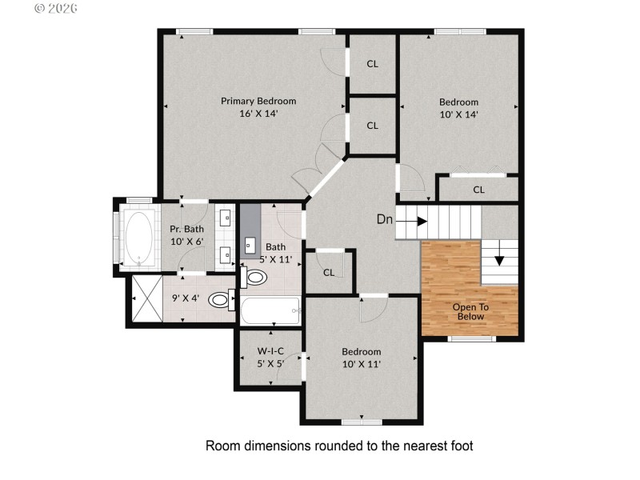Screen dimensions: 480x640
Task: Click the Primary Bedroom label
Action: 258,101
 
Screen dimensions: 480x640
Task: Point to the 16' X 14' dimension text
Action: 258,114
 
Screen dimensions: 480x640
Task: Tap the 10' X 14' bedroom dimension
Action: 458,114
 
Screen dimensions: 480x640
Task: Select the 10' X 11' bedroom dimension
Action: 361,364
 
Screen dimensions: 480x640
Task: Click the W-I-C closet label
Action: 270,351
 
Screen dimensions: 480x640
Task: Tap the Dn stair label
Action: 385,219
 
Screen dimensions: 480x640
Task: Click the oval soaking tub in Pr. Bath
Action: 139,238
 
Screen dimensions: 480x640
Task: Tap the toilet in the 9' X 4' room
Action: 219,300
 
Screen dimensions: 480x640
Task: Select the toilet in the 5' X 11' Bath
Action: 255,278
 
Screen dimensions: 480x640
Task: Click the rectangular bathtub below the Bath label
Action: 270,310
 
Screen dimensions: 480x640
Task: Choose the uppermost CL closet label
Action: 372,64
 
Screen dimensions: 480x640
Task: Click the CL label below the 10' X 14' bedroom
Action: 478,190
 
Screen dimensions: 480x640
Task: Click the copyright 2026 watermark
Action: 55,8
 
